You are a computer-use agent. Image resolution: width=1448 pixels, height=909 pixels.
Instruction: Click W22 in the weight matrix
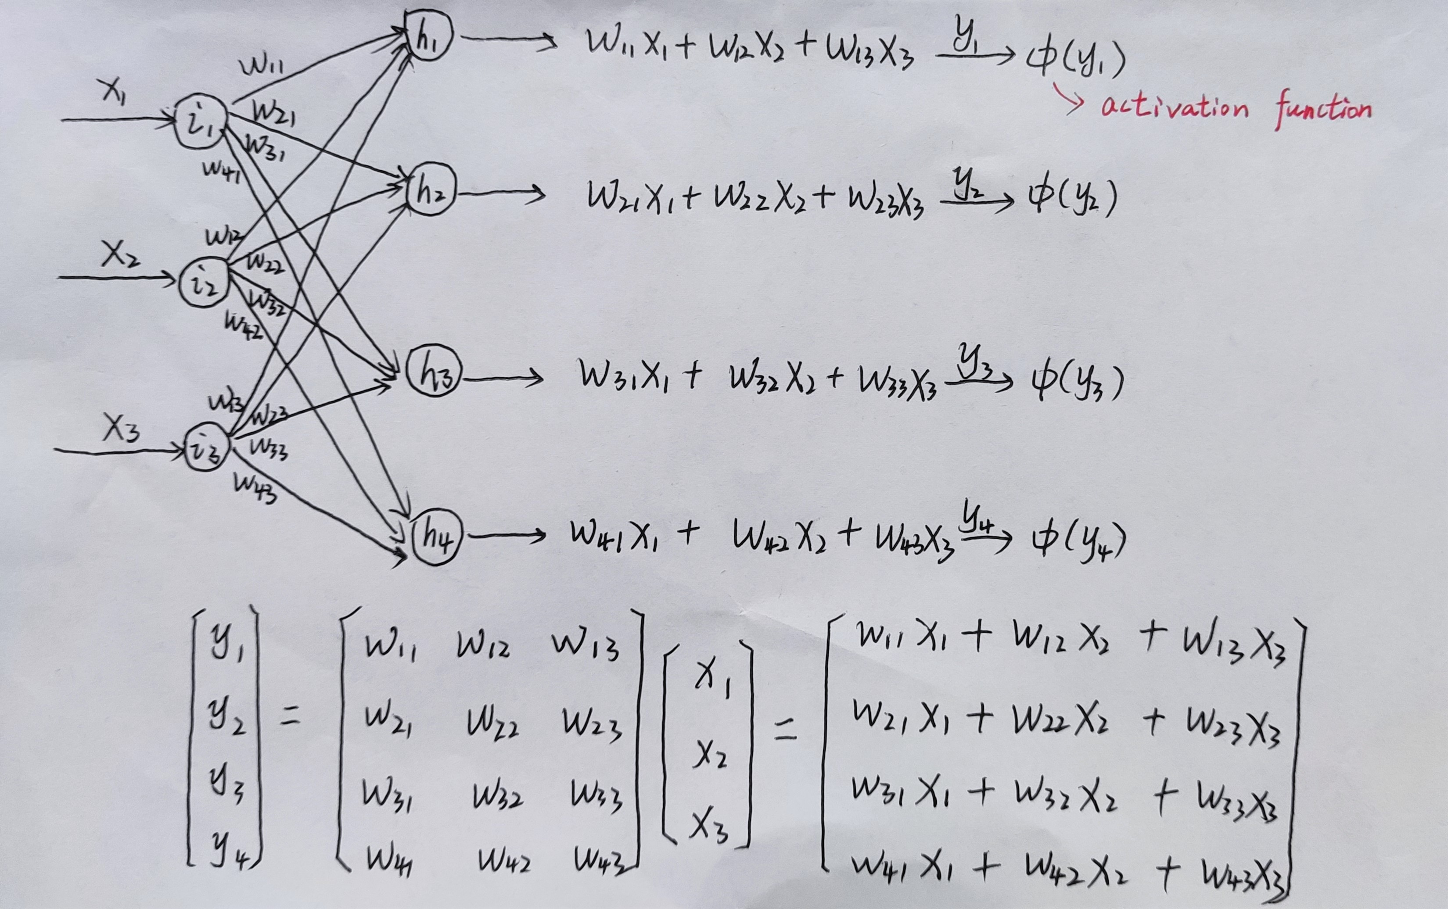pyautogui.click(x=493, y=724)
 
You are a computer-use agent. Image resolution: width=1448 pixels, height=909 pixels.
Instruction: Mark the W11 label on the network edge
pyautogui.click(x=262, y=65)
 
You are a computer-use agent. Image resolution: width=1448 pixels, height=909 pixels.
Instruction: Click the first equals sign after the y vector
pyautogui.click(x=291, y=717)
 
